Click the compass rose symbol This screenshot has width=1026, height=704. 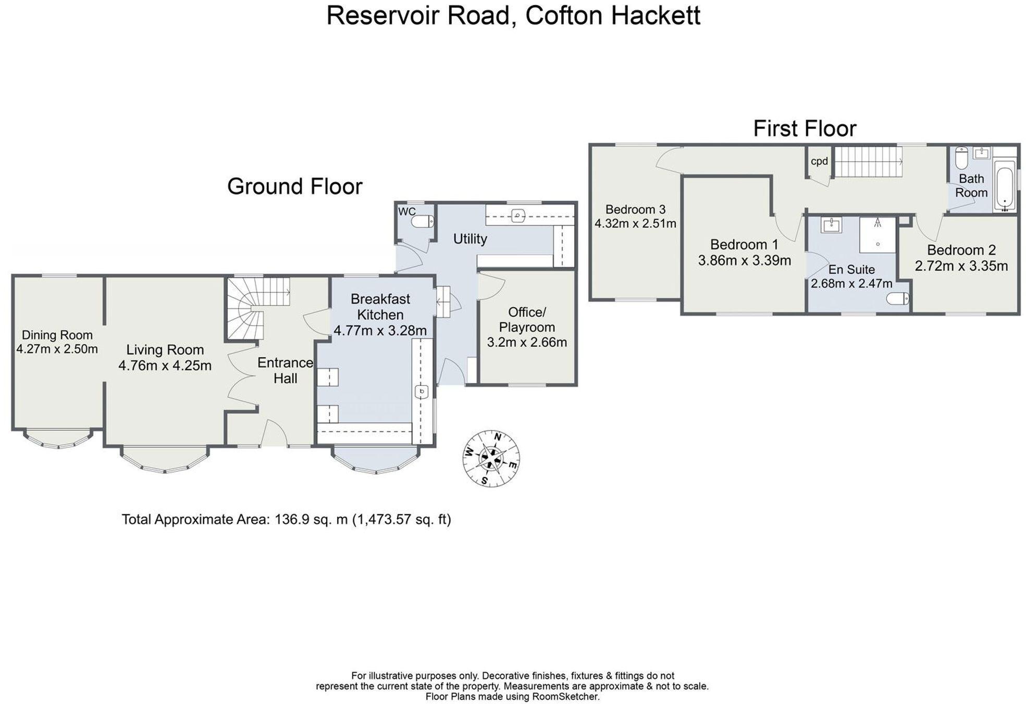coord(491,458)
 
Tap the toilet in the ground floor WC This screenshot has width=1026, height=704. coord(423,222)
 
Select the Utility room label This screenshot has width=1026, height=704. coord(470,239)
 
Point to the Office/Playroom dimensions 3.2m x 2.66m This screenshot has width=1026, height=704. coord(527,343)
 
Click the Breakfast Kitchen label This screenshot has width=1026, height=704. coord(380,307)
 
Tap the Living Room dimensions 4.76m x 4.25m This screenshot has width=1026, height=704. coord(165,366)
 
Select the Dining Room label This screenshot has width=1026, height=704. coord(57,335)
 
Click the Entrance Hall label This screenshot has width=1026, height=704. coord(286,370)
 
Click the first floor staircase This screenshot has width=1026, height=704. coord(868,161)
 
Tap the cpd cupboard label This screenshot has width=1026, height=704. coord(819,161)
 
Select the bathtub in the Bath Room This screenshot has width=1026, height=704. coord(1005,185)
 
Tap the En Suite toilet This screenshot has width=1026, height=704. coord(898,299)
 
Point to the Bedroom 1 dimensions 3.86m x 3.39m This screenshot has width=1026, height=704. coord(744,260)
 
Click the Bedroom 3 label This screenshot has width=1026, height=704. coord(635,209)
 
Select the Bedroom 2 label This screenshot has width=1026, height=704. coord(961,250)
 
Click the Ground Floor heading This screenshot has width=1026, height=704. coord(294,186)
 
